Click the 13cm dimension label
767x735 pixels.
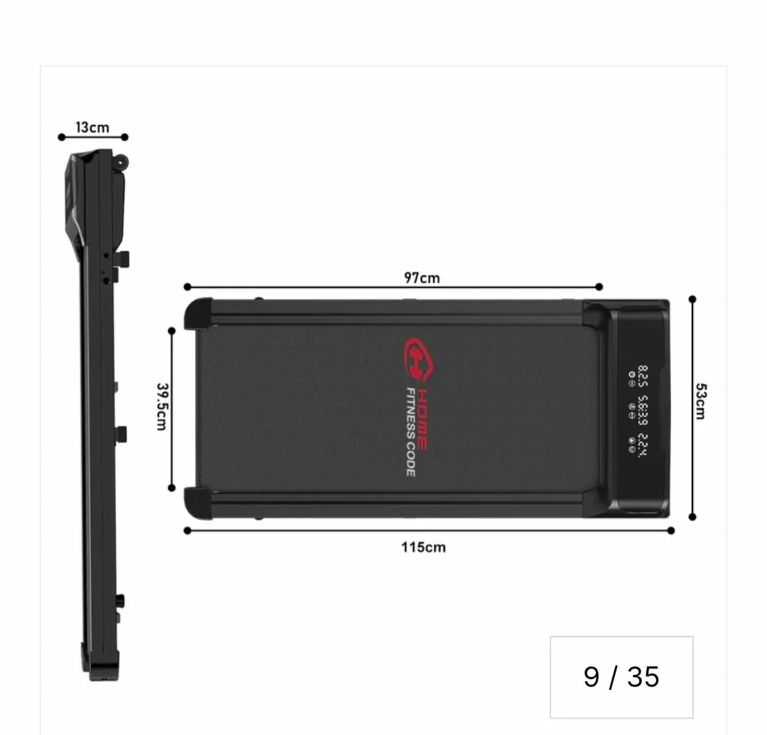click(x=93, y=127)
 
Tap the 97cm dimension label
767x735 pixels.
click(x=422, y=278)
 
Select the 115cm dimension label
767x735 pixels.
click(x=423, y=547)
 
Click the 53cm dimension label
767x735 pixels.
click(x=701, y=401)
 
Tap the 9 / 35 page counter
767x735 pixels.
click(x=621, y=677)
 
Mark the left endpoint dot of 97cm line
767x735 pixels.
click(x=187, y=287)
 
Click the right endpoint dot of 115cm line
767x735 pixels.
click(x=670, y=531)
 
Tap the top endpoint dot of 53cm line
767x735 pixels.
click(x=692, y=299)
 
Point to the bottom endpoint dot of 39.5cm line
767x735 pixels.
click(x=171, y=488)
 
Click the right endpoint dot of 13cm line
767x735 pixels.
click(x=125, y=137)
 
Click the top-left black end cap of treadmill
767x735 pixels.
click(x=198, y=314)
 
